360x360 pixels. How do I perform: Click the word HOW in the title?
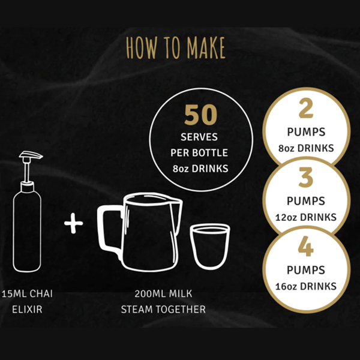142,48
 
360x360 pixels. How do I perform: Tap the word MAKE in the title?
206,48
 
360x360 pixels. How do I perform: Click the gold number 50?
200,115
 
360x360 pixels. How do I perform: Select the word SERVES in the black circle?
199,137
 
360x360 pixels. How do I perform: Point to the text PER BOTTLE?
199,152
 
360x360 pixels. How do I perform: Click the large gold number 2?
306,108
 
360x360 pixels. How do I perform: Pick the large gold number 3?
306,177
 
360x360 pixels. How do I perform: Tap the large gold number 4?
306,246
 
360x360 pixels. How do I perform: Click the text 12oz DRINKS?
306,217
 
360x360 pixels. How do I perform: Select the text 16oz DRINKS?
306,286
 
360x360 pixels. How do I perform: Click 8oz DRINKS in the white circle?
306,148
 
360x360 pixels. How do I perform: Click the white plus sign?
73,223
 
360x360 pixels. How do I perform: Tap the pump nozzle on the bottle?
31,155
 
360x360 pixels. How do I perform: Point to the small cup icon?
210,247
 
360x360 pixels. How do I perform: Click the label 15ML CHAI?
28,293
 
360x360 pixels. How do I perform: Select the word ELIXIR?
28,310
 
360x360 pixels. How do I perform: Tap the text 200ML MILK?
163,293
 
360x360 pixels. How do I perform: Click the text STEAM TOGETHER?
163,310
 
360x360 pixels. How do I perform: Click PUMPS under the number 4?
306,270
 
